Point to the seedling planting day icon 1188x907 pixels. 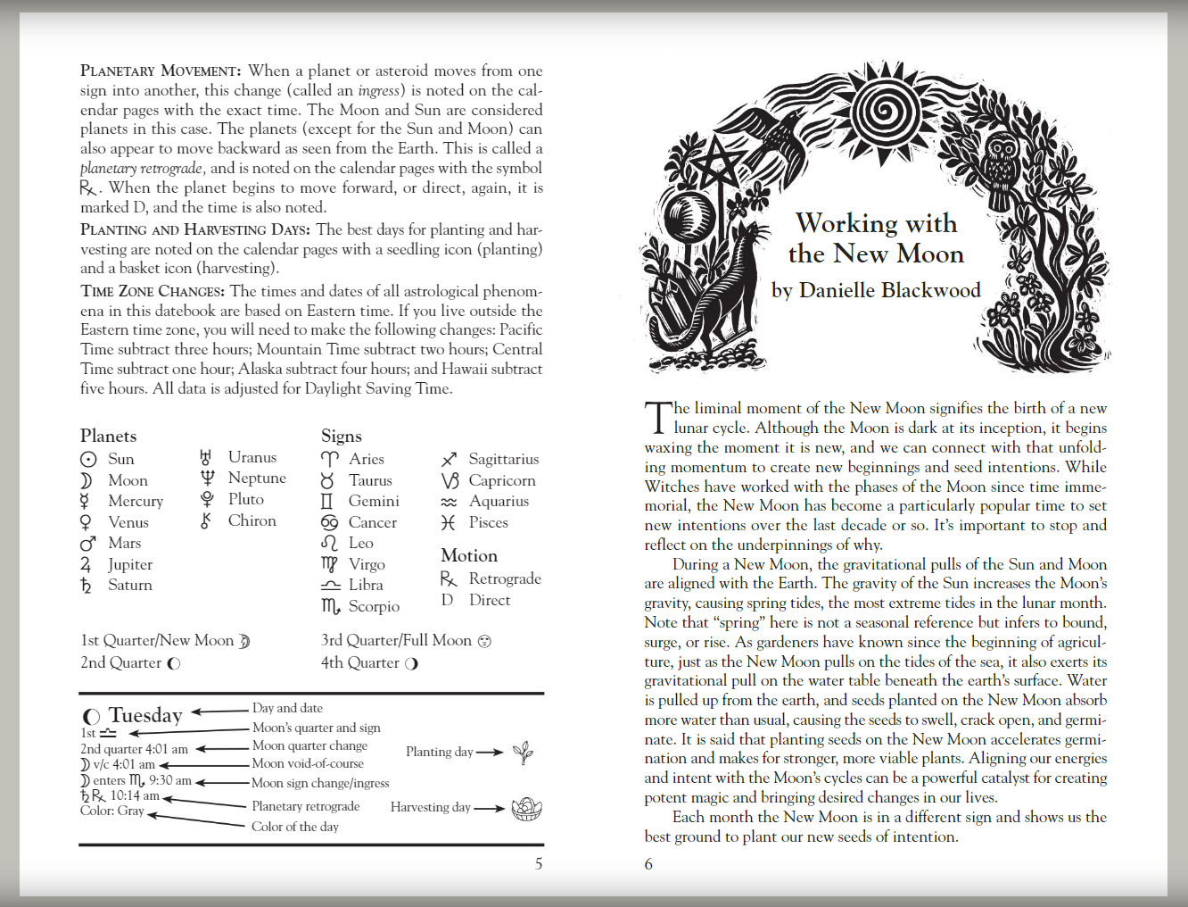[524, 753]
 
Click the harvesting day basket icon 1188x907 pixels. [526, 809]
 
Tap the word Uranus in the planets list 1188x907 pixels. [252, 457]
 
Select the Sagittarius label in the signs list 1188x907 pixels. [504, 459]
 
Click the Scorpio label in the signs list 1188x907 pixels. [374, 606]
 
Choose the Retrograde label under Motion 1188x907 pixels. [505, 578]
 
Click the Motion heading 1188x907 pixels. [469, 555]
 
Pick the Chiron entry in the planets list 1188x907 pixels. [252, 520]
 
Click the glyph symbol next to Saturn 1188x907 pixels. [87, 586]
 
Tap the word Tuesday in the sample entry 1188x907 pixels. [145, 715]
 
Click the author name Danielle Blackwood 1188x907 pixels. [889, 290]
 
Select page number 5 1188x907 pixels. [539, 863]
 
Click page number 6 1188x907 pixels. [648, 863]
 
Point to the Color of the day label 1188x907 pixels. [295, 827]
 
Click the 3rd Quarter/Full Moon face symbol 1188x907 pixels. [484, 641]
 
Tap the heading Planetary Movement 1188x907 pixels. [161, 71]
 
